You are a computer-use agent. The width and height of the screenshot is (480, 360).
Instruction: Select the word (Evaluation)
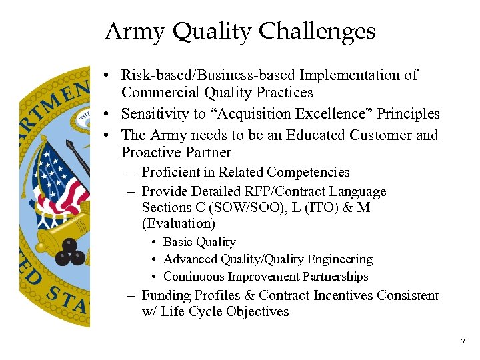pos(179,224)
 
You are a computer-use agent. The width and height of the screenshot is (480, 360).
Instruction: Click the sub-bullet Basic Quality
pos(199,242)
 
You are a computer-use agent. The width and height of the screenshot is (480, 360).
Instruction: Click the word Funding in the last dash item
pos(167,295)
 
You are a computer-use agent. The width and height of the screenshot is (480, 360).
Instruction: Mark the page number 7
pos(463,342)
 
